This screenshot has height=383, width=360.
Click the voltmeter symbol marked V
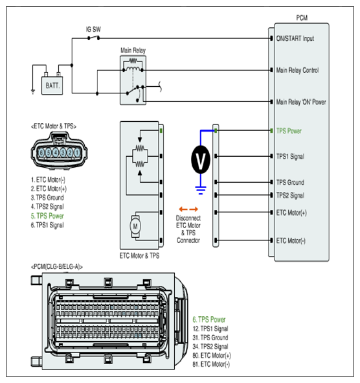pyautogui.click(x=201, y=160)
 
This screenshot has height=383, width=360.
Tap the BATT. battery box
pyautogui.click(x=52, y=86)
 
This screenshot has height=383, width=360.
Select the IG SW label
pyautogui.click(x=93, y=29)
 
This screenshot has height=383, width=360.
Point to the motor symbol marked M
pyautogui.click(x=135, y=226)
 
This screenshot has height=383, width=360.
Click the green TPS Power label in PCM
pyautogui.click(x=289, y=131)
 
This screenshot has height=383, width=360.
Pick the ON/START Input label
pyautogui.click(x=295, y=39)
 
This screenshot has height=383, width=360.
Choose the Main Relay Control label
pyautogui.click(x=297, y=71)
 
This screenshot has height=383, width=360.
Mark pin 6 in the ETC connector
pyautogui.click(x=41, y=153)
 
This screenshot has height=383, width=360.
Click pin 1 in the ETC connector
pyautogui.click(x=77, y=153)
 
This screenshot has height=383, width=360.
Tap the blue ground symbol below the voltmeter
pyautogui.click(x=201, y=190)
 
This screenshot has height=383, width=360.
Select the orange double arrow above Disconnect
pyautogui.click(x=188, y=209)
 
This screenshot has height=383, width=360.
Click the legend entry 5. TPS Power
pyautogui.click(x=47, y=216)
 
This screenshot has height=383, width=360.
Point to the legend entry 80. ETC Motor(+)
pyautogui.click(x=212, y=355)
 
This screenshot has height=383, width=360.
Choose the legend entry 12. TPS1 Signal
pyautogui.click(x=210, y=329)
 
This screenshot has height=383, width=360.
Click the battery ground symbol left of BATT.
pyautogui.click(x=33, y=92)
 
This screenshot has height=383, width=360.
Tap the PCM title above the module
pyautogui.click(x=302, y=18)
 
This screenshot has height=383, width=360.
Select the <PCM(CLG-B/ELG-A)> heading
pyautogui.click(x=57, y=267)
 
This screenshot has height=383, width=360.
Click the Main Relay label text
pyautogui.click(x=133, y=51)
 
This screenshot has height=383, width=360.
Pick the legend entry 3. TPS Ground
pyautogui.click(x=47, y=198)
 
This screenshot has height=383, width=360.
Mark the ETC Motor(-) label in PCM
pyautogui.click(x=291, y=241)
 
